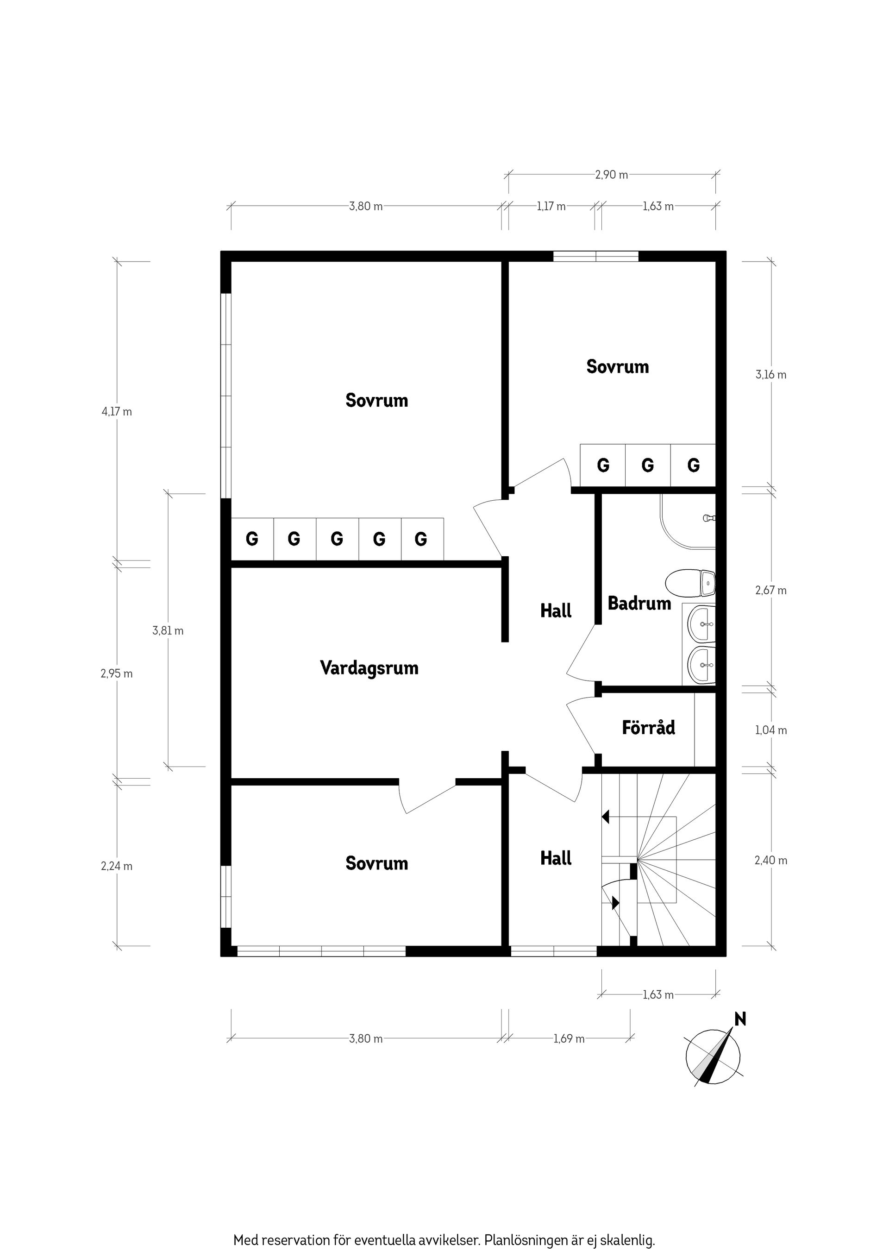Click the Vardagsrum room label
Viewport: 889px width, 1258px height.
(x=369, y=668)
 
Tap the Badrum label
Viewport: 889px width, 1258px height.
(x=639, y=603)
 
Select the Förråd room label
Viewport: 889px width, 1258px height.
(x=649, y=728)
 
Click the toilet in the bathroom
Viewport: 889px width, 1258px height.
(x=691, y=584)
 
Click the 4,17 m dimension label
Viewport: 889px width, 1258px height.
(x=117, y=411)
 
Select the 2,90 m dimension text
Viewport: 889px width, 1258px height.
(x=612, y=175)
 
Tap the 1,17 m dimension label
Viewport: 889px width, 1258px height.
(x=551, y=207)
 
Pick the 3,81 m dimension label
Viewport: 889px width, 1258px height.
(x=168, y=631)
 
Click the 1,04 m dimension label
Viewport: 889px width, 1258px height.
(x=771, y=730)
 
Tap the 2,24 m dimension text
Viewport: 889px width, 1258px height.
(x=117, y=866)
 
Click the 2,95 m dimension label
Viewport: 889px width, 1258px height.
(x=117, y=674)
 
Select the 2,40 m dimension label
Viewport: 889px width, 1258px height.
(x=771, y=860)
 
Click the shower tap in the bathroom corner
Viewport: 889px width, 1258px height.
(x=709, y=517)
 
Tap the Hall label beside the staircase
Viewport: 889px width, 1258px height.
(x=556, y=858)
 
